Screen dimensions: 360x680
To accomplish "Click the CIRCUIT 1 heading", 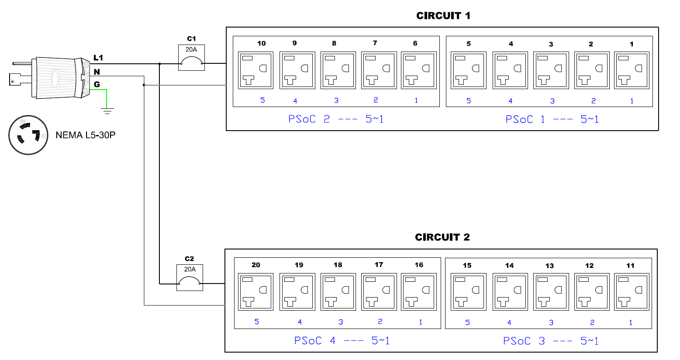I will [443, 16].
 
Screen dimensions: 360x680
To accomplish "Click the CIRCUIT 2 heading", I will [442, 237].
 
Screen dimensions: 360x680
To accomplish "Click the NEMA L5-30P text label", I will [86, 135].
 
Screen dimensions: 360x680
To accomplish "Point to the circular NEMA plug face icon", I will [28, 135].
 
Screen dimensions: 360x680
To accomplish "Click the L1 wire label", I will [98, 58].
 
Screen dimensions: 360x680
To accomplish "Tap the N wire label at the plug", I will [97, 72].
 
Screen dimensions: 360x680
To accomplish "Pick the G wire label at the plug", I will [97, 84].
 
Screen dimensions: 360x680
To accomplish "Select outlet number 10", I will [255, 70].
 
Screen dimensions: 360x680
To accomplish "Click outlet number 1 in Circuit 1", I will [632, 70].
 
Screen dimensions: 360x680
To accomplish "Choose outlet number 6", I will [419, 70].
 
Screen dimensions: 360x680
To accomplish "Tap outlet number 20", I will [255, 292].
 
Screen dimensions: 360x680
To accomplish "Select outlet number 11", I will [632, 292].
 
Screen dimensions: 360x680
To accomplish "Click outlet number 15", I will [468, 292].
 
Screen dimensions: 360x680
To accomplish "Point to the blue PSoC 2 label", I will [336, 119].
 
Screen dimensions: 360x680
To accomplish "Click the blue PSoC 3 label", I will [551, 341].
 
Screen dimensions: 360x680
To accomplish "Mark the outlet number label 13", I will [549, 266].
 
